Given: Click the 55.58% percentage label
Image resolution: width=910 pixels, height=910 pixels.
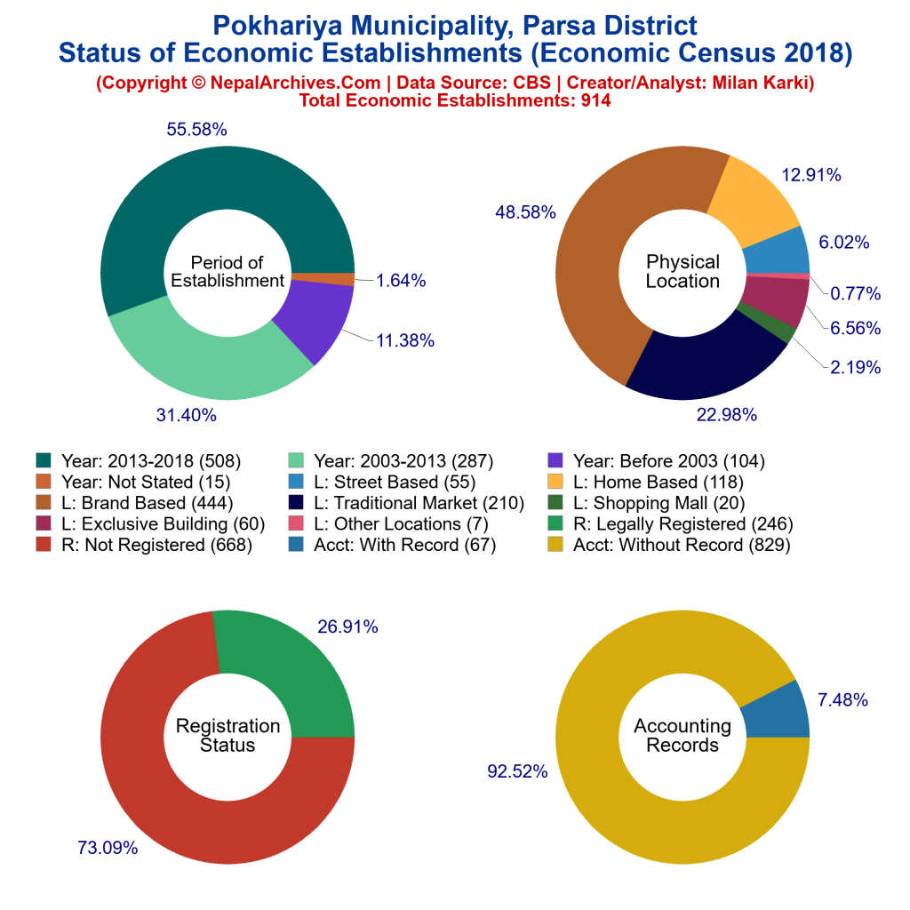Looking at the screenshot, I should (196, 130).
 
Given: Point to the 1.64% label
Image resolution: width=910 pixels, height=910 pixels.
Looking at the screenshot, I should (401, 281).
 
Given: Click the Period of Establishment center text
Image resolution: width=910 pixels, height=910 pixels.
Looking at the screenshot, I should (227, 271).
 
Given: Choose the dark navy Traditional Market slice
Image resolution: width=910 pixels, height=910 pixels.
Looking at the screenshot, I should (702, 355).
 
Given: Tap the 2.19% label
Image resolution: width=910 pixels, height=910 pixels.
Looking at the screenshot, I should (856, 367).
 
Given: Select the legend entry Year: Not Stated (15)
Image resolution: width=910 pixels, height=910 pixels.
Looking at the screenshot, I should (133, 483).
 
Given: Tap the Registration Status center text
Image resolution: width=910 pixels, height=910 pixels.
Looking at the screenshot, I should (227, 735).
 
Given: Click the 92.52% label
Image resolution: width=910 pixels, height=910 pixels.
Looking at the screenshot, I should (517, 771).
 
